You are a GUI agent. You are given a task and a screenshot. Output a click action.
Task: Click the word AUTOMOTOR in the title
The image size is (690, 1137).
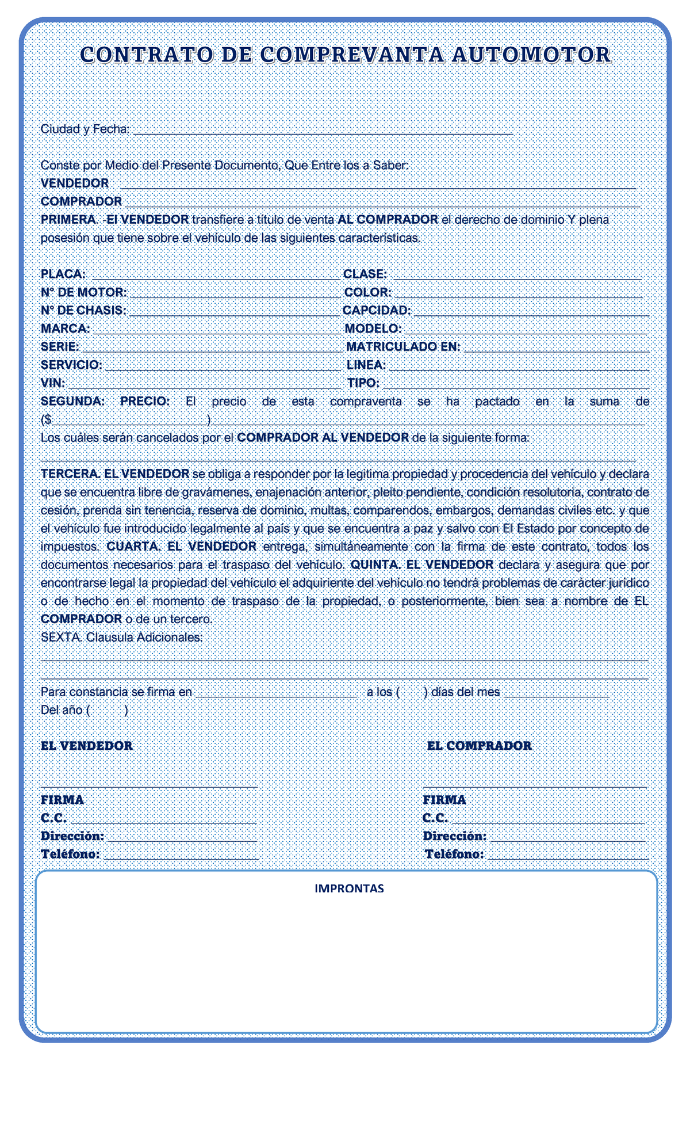(531, 55)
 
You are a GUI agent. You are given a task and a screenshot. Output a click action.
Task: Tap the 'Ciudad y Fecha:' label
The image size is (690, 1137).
(85, 129)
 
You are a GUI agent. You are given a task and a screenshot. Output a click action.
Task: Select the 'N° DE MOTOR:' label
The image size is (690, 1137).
(84, 292)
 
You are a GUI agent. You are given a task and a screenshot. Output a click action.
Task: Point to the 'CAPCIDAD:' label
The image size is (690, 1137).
(377, 311)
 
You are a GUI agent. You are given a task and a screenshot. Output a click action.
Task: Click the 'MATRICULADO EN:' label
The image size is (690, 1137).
(403, 347)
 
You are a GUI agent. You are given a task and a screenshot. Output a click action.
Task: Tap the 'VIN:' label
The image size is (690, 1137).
(53, 383)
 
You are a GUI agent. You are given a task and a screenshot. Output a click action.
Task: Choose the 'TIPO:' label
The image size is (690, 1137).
(363, 383)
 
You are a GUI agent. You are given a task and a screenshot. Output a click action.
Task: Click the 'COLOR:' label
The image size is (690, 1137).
(368, 292)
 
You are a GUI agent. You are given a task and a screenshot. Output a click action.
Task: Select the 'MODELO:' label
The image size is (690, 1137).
(373, 329)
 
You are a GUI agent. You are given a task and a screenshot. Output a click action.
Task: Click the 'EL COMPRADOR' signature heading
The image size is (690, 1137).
(480, 746)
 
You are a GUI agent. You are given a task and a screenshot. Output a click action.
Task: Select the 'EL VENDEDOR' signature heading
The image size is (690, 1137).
(87, 746)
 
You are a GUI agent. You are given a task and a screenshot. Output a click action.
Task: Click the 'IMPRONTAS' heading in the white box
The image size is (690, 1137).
(349, 888)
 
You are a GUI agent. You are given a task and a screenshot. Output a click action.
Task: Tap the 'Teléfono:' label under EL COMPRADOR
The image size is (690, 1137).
(454, 854)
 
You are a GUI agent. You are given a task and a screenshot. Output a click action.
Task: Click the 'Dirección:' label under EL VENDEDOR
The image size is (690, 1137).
(72, 836)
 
